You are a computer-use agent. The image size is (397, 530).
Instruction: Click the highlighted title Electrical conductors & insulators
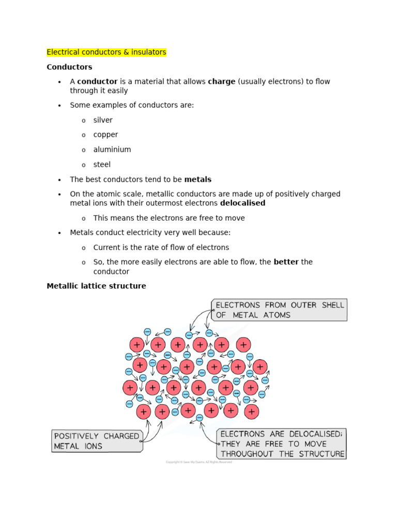click(106, 52)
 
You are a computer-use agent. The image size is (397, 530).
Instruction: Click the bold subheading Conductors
click(69, 67)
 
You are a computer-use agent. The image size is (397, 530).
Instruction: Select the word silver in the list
click(103, 120)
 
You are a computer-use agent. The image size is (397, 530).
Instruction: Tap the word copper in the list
click(105, 135)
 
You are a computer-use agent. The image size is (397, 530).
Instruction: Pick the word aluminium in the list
click(112, 150)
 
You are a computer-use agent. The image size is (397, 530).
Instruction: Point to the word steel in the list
click(102, 165)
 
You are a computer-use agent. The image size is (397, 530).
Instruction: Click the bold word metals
click(198, 180)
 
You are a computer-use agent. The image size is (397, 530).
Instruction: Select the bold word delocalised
click(242, 203)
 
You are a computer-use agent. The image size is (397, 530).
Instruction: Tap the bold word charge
click(221, 81)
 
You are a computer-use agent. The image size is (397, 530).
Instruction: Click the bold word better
click(286, 262)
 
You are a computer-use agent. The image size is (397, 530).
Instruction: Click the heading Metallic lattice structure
click(96, 286)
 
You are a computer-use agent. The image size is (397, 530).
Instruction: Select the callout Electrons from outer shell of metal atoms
click(279, 310)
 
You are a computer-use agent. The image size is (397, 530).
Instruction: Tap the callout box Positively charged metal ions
click(97, 441)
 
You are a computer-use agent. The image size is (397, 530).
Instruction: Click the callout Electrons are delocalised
click(282, 444)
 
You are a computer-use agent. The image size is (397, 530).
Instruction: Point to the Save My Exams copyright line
click(198, 462)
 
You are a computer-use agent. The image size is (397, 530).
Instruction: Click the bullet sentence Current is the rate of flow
click(161, 247)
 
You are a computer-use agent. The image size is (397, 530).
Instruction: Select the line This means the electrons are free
click(169, 218)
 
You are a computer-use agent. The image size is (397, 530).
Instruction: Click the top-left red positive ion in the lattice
click(137, 345)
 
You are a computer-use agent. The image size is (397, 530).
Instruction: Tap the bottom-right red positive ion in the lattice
click(251, 411)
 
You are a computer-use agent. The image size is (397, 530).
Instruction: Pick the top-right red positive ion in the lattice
click(243, 345)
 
